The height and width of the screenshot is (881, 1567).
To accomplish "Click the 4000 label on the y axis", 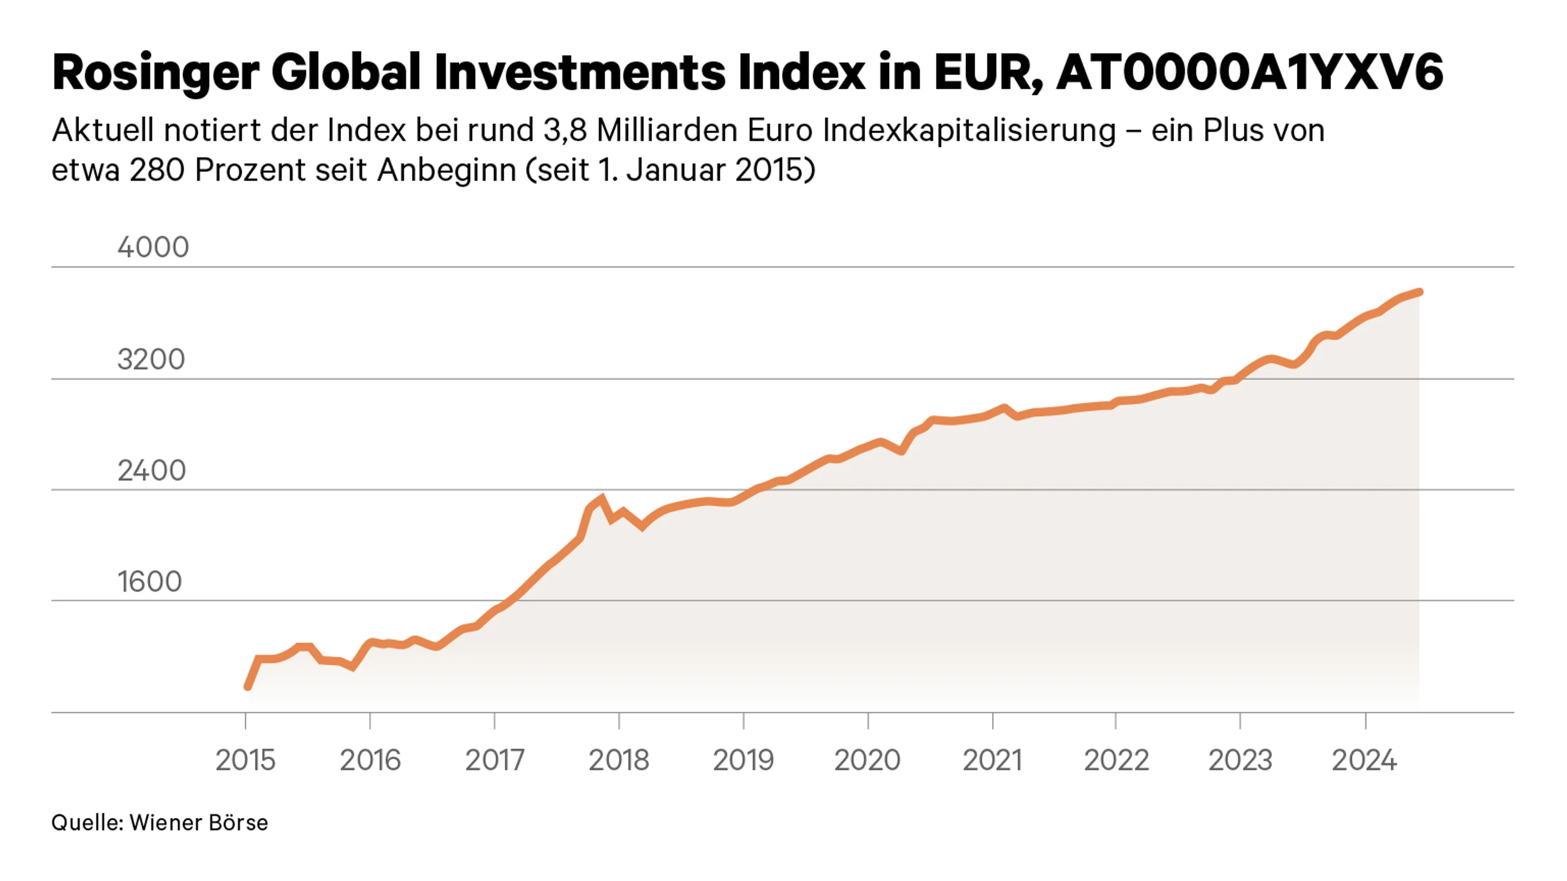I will tap(153, 247).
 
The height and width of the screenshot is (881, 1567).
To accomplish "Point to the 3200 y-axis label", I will tap(151, 359).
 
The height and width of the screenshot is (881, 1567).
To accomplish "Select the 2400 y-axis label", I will tap(151, 471).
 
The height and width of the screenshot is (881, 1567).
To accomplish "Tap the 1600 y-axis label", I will tap(149, 582).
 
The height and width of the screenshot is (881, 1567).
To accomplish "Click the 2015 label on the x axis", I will tap(245, 760).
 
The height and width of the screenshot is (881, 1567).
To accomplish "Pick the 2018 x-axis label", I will tap(618, 760).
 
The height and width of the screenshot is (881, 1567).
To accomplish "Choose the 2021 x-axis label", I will tap(992, 760).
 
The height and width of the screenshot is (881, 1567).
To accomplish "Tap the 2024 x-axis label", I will tap(1364, 760).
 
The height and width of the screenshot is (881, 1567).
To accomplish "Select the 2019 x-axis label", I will tap(743, 760).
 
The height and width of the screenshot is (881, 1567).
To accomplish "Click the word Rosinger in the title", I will tap(155, 73).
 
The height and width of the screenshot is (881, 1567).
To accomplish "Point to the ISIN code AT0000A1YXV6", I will tap(1249, 72).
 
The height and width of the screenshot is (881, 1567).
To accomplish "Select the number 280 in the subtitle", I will tap(157, 170).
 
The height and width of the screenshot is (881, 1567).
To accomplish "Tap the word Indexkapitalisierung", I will tap(969, 131).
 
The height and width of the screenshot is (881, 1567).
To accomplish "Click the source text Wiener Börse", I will tap(198, 822).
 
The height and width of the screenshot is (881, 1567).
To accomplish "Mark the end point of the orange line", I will tap(1419, 292).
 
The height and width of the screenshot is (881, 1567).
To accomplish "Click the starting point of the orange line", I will tap(247, 687).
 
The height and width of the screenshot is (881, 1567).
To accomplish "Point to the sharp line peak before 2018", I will tap(602, 498).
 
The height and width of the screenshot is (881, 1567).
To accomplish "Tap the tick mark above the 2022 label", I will tap(1115, 721).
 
